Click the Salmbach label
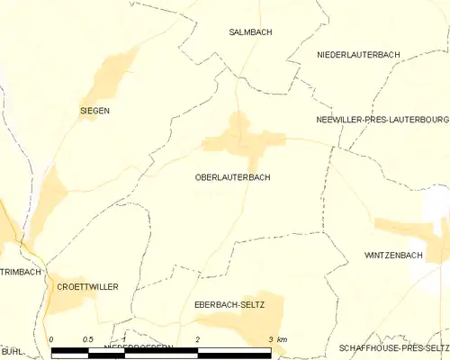[x=250, y=32]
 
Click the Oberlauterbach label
[x=232, y=178]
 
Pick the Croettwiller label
[x=87, y=287]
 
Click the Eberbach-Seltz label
[x=229, y=306]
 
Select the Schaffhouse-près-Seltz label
[x=394, y=347]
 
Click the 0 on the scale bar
[x=52, y=339]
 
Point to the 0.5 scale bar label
[x=87, y=339]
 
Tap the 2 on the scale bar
[x=197, y=339]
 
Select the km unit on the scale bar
[x=283, y=339]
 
